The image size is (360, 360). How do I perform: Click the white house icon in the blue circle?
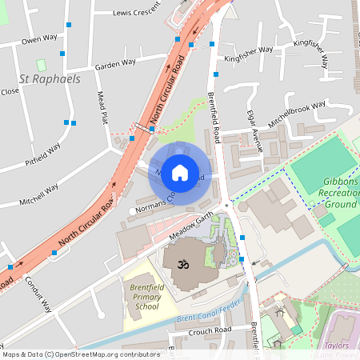180,172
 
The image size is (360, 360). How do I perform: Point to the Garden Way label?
117,66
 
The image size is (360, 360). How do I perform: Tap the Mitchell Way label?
40,190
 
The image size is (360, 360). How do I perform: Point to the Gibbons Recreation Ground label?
340,194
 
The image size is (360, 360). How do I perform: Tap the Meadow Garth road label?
193,226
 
